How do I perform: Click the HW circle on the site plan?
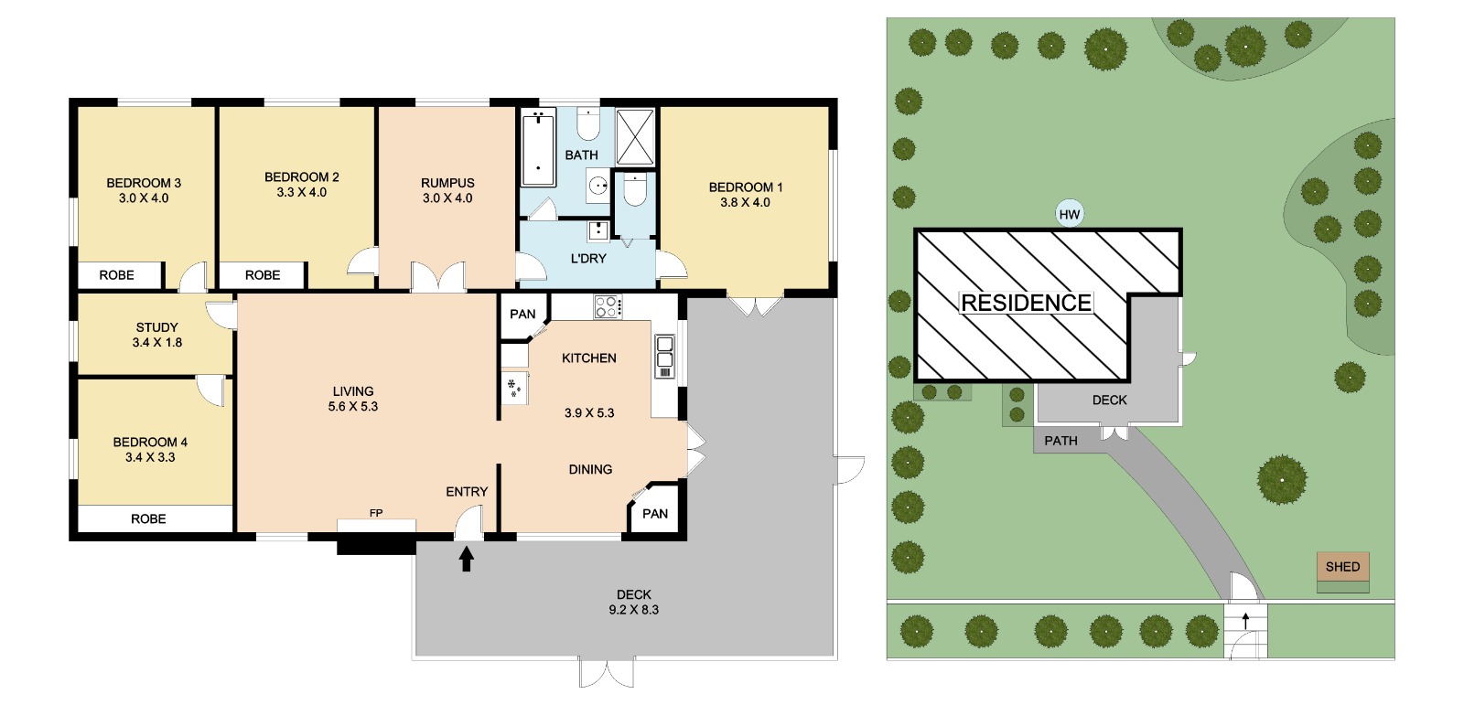click(1070, 214)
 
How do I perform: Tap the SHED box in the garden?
click(1342, 567)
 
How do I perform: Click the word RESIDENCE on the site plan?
click(1026, 303)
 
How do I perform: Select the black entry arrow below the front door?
click(466, 560)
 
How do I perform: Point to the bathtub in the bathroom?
click(538, 148)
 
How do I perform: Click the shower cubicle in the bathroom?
click(635, 137)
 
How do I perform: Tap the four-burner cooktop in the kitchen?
click(608, 306)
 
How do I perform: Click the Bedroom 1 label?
click(745, 187)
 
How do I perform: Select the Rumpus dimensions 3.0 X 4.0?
click(447, 198)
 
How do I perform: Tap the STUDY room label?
click(156, 327)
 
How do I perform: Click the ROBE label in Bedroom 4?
click(148, 518)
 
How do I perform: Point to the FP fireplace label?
click(376, 514)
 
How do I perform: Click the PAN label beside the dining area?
click(655, 514)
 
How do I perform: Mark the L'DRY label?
click(588, 259)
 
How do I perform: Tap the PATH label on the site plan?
click(1060, 441)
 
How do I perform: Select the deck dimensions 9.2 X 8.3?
click(634, 610)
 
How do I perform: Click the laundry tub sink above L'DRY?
click(598, 231)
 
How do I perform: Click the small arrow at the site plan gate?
click(1245, 621)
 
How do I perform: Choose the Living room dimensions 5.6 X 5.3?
click(353, 406)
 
